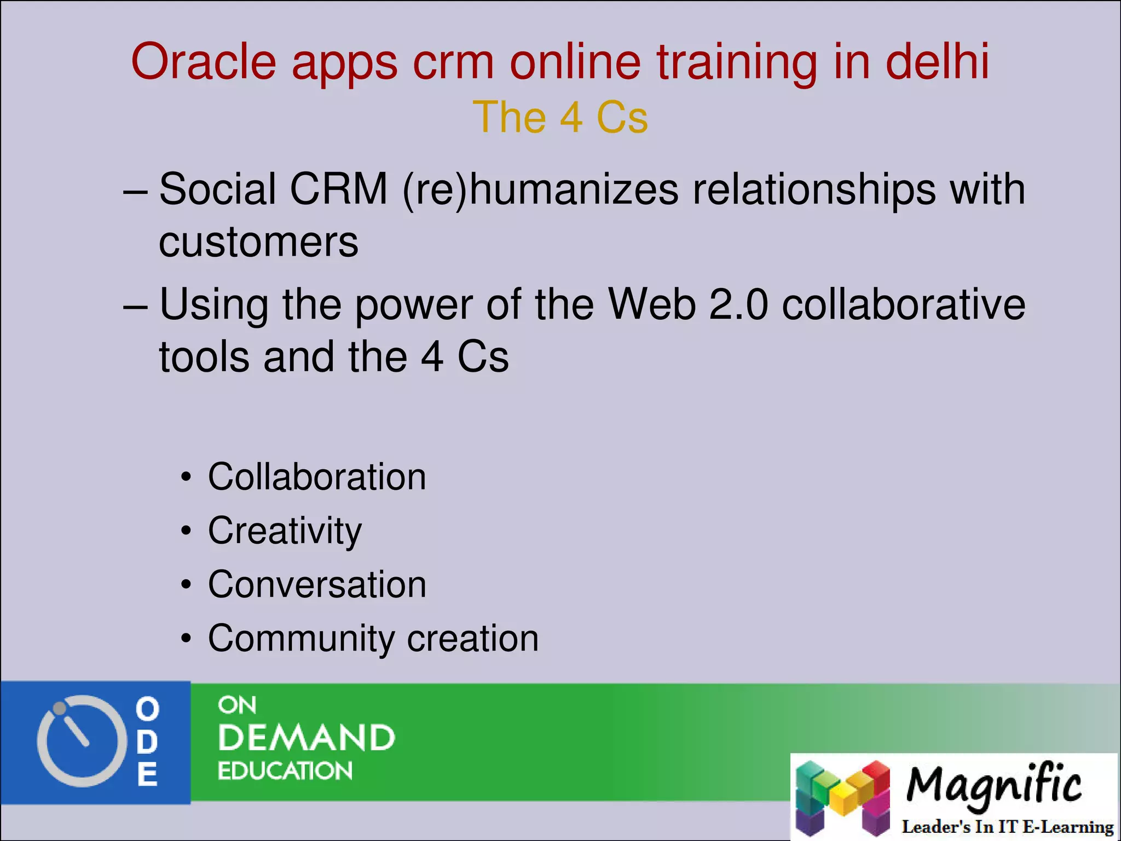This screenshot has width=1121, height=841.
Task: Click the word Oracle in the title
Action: (x=204, y=61)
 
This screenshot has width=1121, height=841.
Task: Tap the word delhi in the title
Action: (x=937, y=61)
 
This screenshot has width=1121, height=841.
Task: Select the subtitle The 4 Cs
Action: (x=560, y=117)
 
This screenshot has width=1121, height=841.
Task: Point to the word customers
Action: (x=258, y=242)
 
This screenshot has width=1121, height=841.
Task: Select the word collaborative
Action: (x=903, y=304)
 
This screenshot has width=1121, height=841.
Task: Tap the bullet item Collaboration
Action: (x=316, y=477)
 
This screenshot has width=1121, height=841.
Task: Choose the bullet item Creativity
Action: (x=285, y=531)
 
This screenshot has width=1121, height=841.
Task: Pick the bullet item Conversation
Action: (x=316, y=584)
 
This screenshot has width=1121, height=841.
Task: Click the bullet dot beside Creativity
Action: (x=187, y=531)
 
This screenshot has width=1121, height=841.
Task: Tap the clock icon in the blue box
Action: (x=81, y=741)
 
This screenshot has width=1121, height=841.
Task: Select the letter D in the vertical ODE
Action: (x=147, y=742)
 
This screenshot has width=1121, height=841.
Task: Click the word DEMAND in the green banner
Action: (x=306, y=738)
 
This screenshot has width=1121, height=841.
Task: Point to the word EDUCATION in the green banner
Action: (x=285, y=771)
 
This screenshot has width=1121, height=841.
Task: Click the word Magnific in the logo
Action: (x=993, y=786)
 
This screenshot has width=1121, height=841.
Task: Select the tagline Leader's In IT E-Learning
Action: (x=1007, y=827)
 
